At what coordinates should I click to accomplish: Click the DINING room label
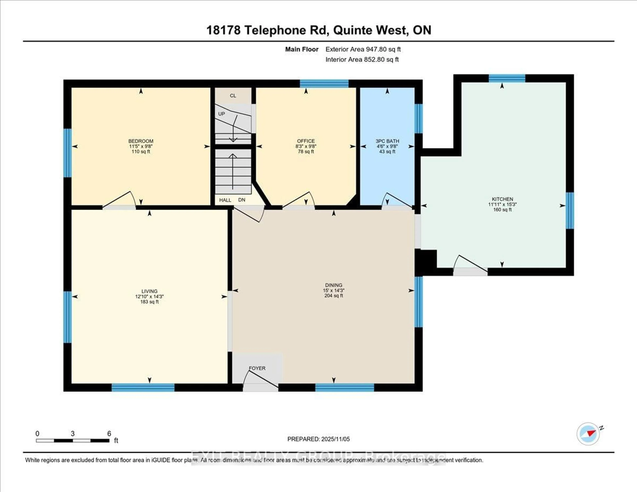point(334,285)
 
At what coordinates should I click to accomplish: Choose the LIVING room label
point(149,291)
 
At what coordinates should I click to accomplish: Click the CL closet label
point(233,96)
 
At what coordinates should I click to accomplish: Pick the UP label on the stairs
point(221,114)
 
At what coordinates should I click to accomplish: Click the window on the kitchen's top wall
point(507,78)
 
